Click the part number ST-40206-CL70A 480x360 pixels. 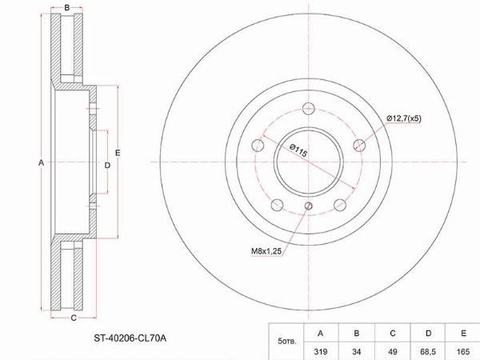coord(130,338)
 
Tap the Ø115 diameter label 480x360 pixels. coord(298,150)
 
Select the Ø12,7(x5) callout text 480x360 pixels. coord(404,118)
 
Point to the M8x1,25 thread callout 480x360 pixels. coord(266,251)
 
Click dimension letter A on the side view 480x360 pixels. coord(41,162)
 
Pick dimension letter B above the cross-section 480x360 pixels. coord(67,8)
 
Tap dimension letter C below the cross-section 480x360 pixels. coord(74,318)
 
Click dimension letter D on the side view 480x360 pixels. coord(107,166)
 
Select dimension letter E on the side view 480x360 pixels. coord(118,153)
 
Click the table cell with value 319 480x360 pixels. coord(321,352)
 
